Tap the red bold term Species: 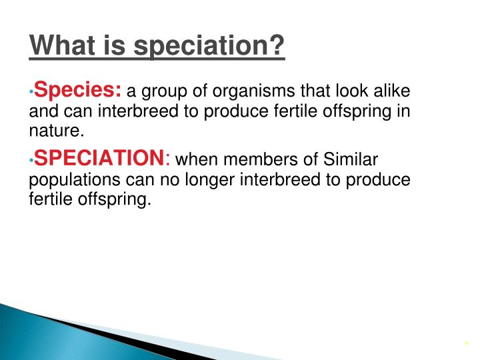pyautogui.click(x=78, y=90)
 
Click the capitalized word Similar pyautogui.click(x=351, y=160)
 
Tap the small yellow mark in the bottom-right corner pyautogui.click(x=467, y=344)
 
